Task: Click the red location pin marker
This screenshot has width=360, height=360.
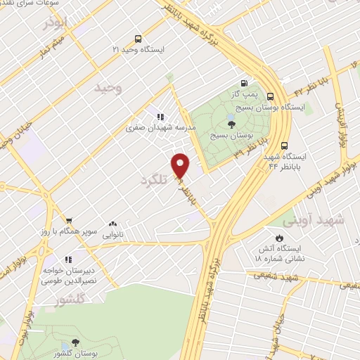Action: [x=181, y=165]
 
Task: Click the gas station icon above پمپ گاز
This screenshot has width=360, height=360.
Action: [x=244, y=82]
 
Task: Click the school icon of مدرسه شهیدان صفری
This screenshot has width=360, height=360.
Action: [x=161, y=117]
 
